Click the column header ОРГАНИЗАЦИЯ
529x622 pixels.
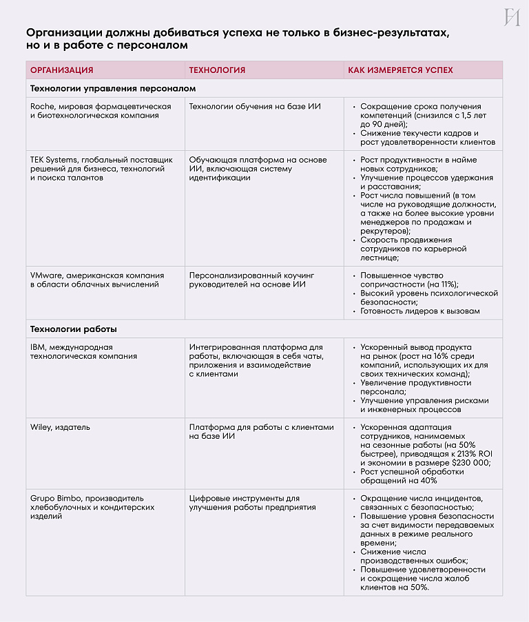point(62,70)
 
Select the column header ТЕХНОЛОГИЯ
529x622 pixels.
point(217,70)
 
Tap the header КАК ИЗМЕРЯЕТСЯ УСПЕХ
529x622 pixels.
point(400,70)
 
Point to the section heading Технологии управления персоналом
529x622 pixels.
point(113,88)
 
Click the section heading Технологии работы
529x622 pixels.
point(73,329)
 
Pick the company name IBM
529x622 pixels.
point(37,347)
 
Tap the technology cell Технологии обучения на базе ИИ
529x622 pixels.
point(255,107)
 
